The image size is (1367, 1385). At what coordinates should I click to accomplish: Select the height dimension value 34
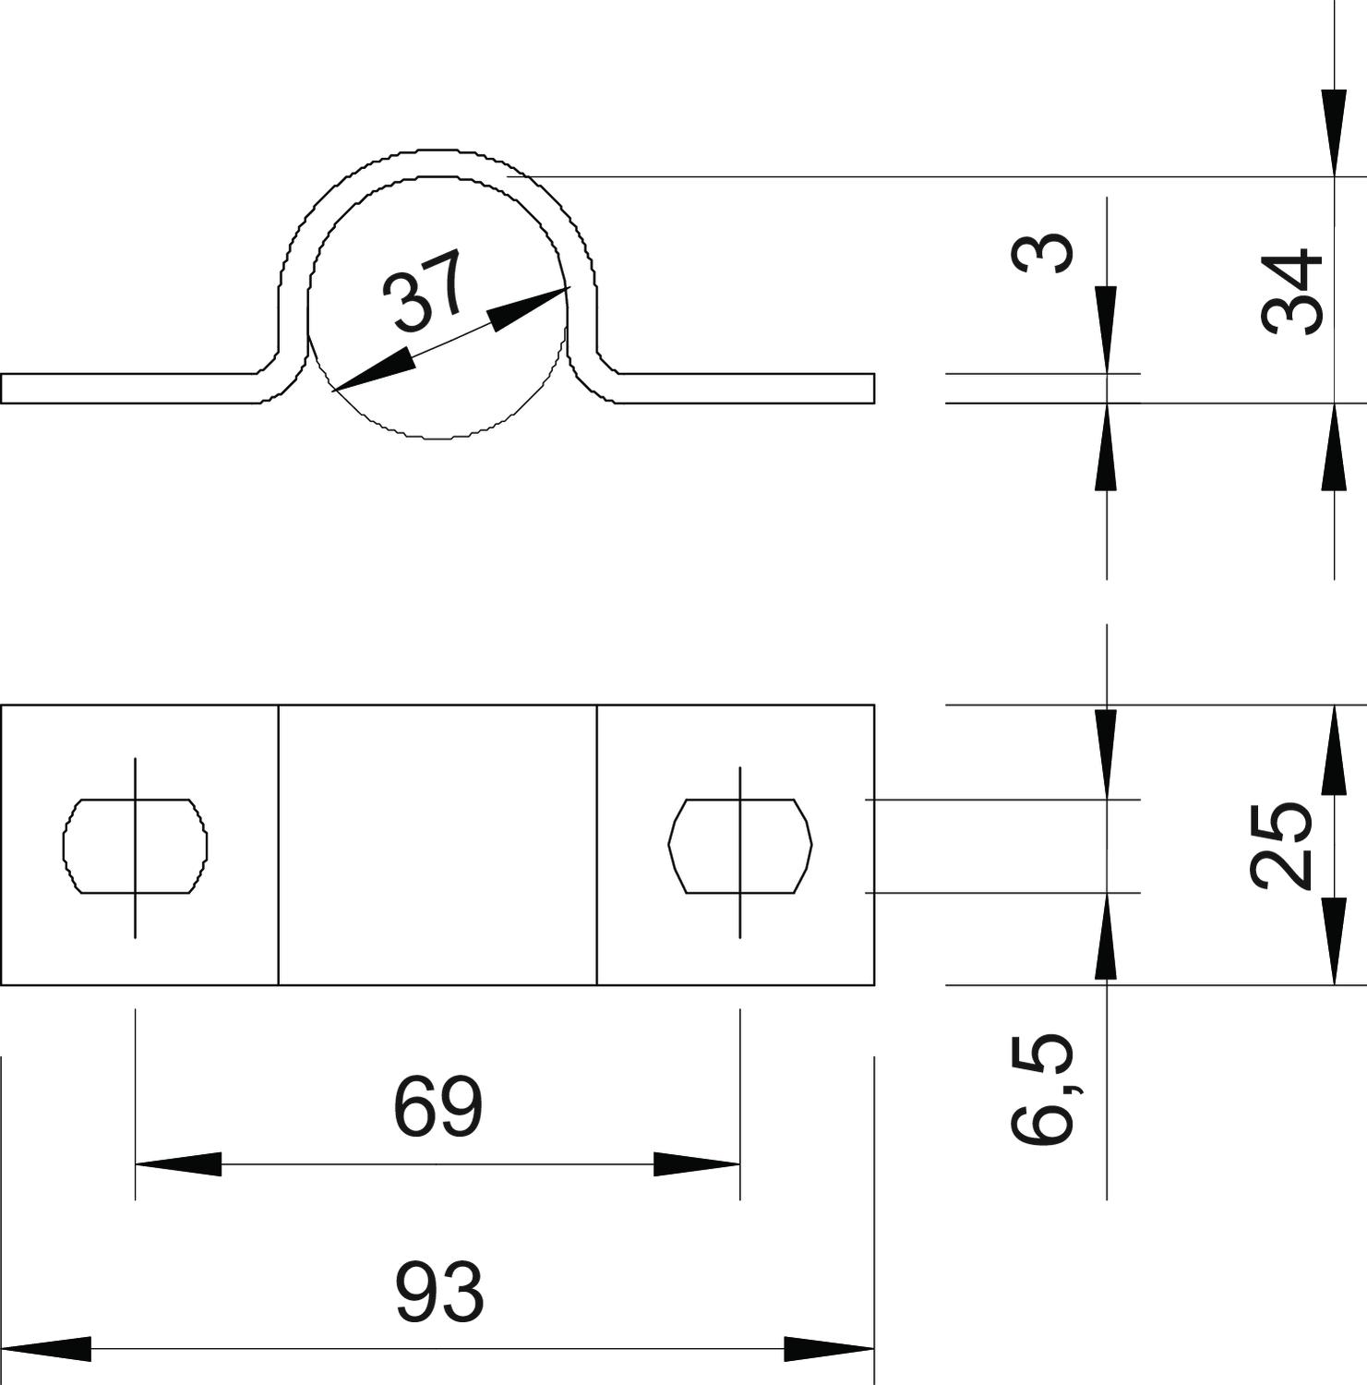1292,290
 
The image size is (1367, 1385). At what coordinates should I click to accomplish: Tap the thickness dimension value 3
1042,253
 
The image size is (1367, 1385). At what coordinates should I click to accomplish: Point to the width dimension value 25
1282,846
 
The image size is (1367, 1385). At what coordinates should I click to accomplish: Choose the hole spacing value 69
438,1106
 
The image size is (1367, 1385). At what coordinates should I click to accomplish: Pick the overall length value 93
439,1293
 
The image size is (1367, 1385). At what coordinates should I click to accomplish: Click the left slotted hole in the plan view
135,846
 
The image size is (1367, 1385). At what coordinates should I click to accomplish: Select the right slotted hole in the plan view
740,846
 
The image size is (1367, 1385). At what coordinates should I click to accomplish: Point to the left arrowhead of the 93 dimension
46,1349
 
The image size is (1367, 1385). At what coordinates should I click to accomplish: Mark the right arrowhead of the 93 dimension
829,1349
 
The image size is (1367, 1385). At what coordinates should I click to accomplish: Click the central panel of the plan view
438,846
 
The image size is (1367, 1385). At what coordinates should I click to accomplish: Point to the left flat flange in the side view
129,389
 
